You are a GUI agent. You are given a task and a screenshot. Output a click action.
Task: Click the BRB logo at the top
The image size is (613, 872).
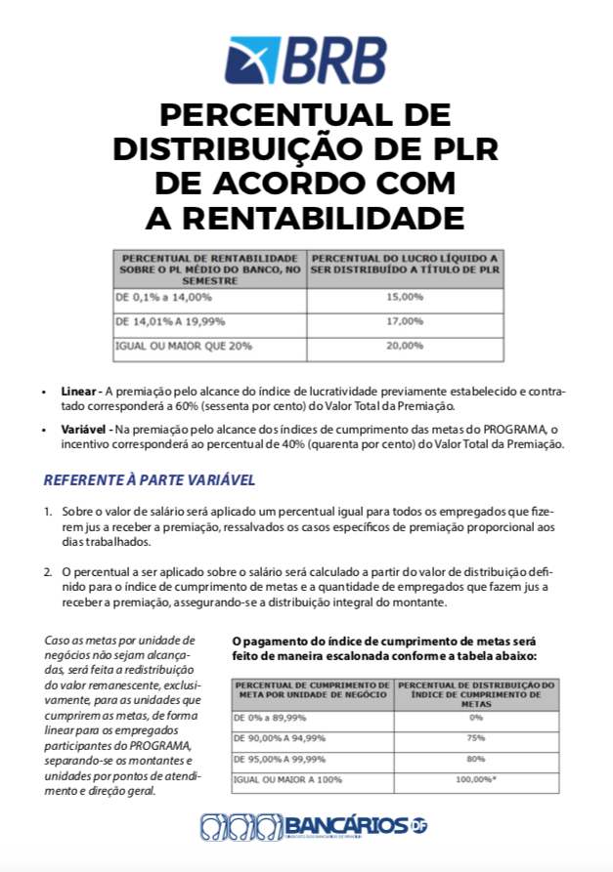pyautogui.click(x=305, y=61)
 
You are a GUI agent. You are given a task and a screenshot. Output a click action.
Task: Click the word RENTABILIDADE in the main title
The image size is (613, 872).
pyautogui.click(x=305, y=215)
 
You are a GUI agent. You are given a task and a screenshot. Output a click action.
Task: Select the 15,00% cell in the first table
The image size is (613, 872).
pyautogui.click(x=405, y=296)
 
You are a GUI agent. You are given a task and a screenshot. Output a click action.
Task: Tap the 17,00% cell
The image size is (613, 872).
pyautogui.click(x=405, y=321)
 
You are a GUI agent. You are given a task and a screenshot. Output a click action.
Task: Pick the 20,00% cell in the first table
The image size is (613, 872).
pyautogui.click(x=405, y=346)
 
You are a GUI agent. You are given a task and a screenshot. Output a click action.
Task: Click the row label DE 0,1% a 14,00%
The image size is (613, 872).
pyautogui.click(x=163, y=296)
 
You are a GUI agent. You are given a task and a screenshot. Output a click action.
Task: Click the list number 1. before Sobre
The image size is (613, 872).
pyautogui.click(x=48, y=511)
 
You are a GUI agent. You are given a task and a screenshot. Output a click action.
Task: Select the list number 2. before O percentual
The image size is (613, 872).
pyautogui.click(x=48, y=570)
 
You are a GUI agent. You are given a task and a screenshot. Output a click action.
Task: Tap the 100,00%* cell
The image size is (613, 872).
pyautogui.click(x=476, y=780)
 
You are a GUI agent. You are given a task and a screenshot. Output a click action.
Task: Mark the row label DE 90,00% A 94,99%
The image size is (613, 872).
pyautogui.click(x=280, y=738)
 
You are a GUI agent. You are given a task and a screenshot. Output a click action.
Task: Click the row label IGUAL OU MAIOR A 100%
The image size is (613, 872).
pyautogui.click(x=287, y=780)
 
